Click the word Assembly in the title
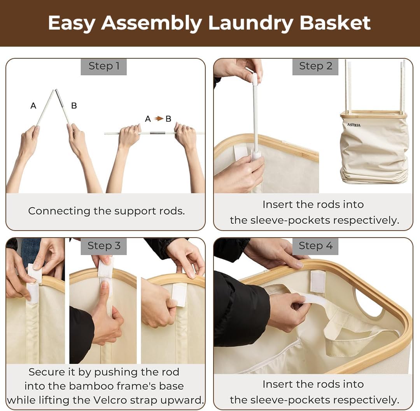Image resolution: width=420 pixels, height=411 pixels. point(151,23)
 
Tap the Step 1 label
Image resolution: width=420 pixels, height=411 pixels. point(104,66)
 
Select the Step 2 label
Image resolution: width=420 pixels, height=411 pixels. point(315,66)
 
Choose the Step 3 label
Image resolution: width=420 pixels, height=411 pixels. point(104,246)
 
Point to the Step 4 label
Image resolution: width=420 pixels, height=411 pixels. point(315,246)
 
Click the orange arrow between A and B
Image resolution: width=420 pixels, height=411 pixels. point(159,118)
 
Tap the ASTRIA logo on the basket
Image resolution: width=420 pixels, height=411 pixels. point(354,125)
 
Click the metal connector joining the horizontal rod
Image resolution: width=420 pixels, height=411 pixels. point(157,133)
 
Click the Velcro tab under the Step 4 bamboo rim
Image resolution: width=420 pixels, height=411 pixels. point(318,282)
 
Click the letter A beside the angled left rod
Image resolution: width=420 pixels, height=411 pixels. point(33,106)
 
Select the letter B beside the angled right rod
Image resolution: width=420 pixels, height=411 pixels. point(74,106)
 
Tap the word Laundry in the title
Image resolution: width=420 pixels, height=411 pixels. point(250,23)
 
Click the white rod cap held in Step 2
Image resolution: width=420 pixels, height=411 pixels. point(254,79)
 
